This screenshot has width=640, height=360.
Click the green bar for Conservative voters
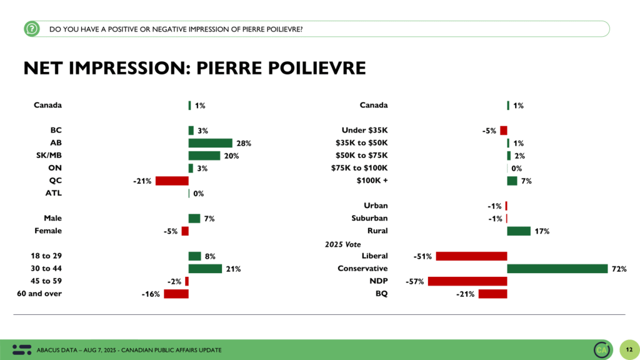[x=557, y=269]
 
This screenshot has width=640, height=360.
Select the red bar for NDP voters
[x=467, y=281]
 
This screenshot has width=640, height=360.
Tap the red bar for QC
[x=172, y=181]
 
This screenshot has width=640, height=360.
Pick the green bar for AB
[x=210, y=143]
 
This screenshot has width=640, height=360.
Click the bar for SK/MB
[x=204, y=156]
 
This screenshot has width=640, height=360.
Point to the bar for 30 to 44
[x=205, y=269]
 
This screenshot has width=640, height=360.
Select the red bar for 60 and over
[x=176, y=294]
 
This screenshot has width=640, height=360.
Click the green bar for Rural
[x=518, y=231]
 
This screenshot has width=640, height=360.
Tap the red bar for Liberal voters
[x=471, y=256]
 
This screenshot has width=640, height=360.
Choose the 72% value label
[x=619, y=269]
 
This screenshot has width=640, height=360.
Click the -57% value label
[x=415, y=281]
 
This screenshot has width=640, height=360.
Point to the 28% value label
[x=244, y=143]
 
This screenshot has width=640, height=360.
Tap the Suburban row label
[x=369, y=218]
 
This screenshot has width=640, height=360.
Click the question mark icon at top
[x=31, y=28]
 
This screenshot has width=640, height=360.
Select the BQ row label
[x=381, y=293]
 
